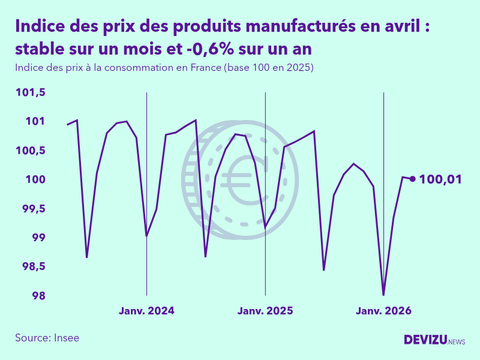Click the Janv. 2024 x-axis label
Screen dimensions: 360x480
146,311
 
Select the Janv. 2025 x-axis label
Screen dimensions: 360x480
265,311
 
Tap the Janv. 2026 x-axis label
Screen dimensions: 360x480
384,311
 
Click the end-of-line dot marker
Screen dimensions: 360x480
412,178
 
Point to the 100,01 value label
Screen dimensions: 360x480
440,179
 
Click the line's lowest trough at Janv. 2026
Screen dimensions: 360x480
383,295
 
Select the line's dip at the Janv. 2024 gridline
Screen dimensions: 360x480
146,235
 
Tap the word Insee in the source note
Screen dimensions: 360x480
66,338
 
